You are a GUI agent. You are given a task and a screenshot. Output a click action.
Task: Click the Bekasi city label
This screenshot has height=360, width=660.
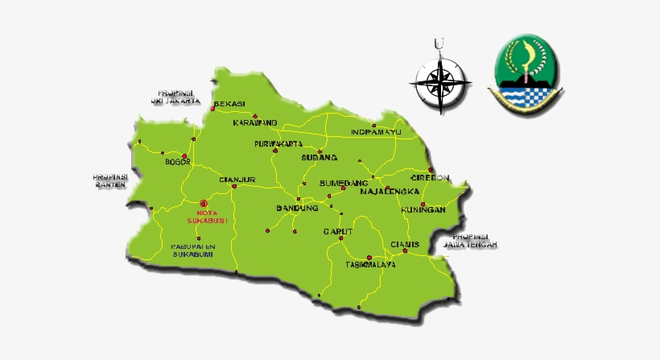[x=229, y=103]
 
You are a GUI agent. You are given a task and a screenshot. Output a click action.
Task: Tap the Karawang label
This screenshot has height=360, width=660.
[x=255, y=122]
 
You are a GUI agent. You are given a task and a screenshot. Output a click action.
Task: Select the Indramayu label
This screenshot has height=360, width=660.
[x=375, y=131]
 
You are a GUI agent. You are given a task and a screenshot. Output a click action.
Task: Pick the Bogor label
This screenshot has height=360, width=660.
[x=177, y=162]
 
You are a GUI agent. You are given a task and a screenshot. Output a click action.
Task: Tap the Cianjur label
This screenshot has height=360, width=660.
[x=237, y=179]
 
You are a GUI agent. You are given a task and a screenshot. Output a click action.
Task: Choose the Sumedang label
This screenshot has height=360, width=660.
[x=344, y=183]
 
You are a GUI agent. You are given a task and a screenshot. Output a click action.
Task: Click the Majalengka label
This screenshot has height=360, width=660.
[x=390, y=192]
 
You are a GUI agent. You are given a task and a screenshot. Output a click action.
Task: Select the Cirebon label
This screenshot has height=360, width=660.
[x=430, y=177]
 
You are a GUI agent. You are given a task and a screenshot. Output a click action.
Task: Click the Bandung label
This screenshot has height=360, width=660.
[x=297, y=208]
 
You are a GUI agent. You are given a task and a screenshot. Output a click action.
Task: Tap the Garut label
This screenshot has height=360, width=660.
[x=339, y=231]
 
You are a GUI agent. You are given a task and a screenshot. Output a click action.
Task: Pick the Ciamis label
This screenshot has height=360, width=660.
[x=405, y=244]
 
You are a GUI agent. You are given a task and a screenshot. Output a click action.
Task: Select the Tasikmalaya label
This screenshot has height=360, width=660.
[x=370, y=264]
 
